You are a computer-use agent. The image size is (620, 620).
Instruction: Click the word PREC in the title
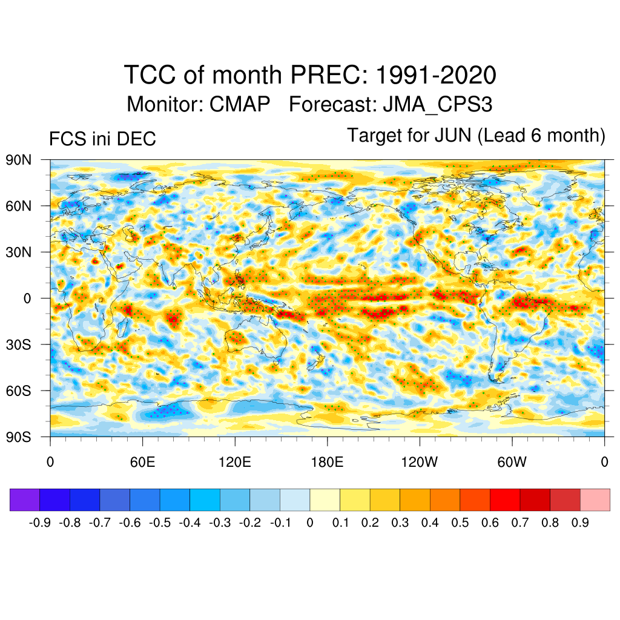(328, 76)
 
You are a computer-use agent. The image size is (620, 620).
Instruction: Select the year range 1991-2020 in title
(436, 76)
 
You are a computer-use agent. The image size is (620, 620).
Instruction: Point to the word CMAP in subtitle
(240, 104)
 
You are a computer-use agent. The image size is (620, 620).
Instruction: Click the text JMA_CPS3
(437, 104)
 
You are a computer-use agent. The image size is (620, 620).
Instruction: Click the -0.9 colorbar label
(40, 523)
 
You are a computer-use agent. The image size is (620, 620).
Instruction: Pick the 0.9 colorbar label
(580, 523)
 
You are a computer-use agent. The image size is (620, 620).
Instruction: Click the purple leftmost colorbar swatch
(25, 500)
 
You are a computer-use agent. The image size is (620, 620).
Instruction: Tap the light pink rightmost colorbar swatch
(595, 500)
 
